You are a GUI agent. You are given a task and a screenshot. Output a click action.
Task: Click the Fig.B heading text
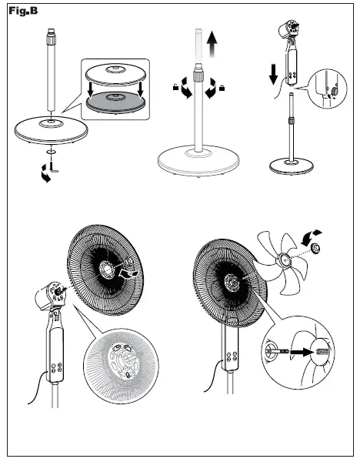point(23,11)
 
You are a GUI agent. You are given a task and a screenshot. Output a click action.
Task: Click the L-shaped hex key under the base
point(54,167)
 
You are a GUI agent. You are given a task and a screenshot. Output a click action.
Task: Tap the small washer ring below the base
point(52,152)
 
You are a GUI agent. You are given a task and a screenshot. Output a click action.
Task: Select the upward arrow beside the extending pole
point(212,44)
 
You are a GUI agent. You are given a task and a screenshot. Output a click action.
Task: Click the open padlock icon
point(175,87)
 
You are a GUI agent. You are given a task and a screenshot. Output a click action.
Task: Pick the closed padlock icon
point(222,88)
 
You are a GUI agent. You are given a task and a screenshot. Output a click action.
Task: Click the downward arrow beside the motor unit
point(273,75)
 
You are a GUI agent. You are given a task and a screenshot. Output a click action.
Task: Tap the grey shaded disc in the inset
point(115,102)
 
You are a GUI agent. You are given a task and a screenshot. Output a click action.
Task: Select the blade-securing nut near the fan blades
point(315,248)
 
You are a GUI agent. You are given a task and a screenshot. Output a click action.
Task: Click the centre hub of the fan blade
point(285,259)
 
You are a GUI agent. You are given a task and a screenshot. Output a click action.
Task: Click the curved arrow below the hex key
point(45,174)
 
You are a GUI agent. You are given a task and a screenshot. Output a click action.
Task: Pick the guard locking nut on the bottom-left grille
point(128,261)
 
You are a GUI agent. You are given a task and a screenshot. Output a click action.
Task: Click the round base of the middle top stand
point(198,161)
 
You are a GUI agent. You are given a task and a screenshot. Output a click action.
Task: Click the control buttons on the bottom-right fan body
point(232,357)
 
